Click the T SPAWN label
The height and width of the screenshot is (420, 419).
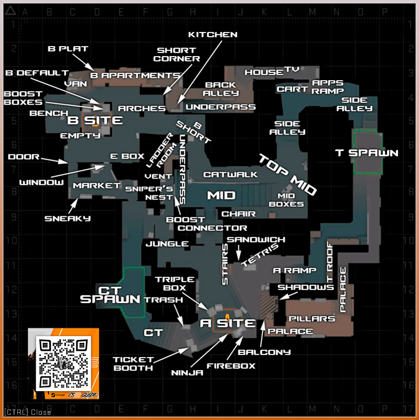point(367,153)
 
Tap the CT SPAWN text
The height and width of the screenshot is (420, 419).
point(110,295)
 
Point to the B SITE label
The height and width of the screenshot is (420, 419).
point(95,121)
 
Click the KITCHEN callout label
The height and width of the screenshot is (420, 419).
point(213,35)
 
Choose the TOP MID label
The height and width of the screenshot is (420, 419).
point(288,174)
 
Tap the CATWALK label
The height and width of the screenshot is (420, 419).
point(230,174)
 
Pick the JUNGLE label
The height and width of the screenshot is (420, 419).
point(167,244)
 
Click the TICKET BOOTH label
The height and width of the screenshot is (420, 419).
point(133,363)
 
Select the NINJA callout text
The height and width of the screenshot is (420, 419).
point(187,373)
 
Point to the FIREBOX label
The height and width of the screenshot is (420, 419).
point(230,366)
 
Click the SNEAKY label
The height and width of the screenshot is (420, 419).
point(67,218)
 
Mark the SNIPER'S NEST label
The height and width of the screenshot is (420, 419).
point(149,193)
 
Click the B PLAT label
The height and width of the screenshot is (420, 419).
point(68,49)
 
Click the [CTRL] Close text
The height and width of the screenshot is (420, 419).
point(27,412)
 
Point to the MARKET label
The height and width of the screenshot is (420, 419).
point(97,186)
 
